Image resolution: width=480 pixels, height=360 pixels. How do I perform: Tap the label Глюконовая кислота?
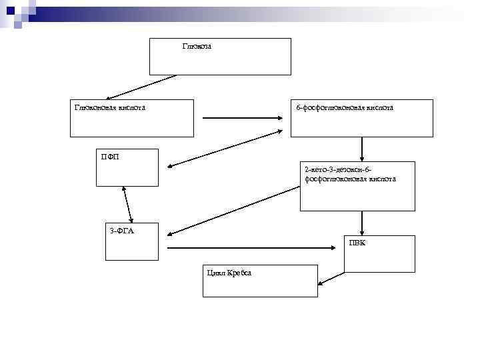110,107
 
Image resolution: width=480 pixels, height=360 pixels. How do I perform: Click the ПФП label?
110,157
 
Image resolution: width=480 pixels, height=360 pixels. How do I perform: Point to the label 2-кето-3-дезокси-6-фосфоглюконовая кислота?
350,174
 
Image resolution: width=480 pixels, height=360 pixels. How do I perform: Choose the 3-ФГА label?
121,231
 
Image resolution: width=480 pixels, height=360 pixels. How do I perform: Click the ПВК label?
357,243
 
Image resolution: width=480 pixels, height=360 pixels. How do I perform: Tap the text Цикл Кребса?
229,273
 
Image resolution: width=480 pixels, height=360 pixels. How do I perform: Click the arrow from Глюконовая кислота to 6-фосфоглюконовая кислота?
243,119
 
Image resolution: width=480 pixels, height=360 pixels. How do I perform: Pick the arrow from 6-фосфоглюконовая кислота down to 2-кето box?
362,149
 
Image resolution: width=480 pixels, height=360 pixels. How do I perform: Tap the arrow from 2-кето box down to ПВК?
362,223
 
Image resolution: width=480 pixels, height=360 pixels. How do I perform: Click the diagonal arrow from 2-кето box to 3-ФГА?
233,210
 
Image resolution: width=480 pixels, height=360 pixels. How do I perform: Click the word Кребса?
239,273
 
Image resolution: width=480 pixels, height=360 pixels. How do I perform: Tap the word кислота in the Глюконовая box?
131,107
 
